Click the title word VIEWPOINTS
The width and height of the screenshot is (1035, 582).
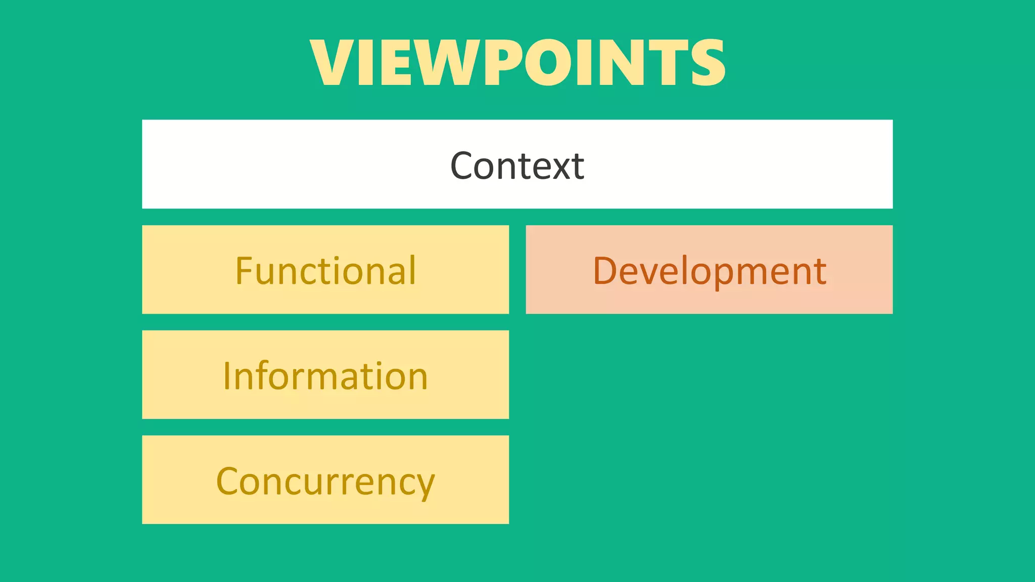(x=518, y=63)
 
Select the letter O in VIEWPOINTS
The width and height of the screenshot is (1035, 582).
(x=548, y=63)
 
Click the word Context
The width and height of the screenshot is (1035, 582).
(x=517, y=166)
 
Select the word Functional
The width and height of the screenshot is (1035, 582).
(x=325, y=271)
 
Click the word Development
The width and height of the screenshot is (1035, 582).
(x=709, y=272)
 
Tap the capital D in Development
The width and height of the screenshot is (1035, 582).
(x=604, y=271)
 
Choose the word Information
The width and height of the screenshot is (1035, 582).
(x=325, y=376)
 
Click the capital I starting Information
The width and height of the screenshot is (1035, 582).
(x=227, y=376)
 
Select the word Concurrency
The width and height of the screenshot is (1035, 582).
(x=325, y=482)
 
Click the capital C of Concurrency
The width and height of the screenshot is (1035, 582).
(x=227, y=481)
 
